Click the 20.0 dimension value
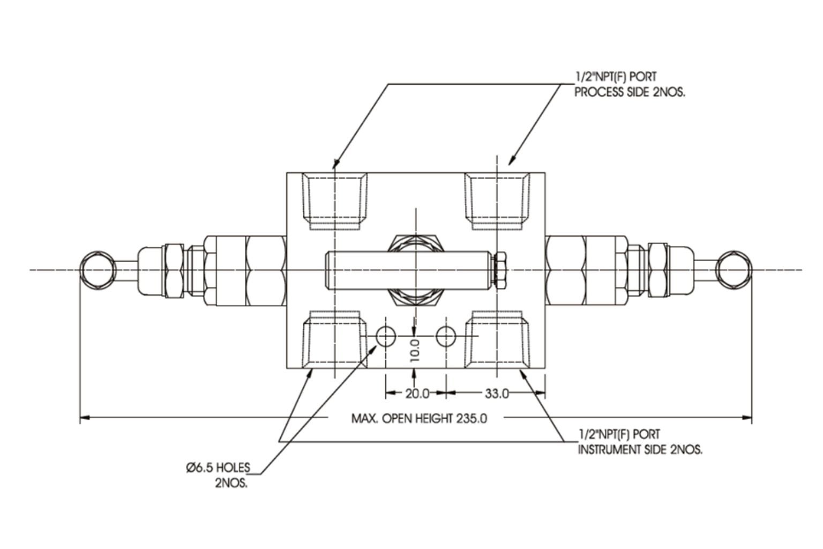click(417, 394)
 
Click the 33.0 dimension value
click(497, 394)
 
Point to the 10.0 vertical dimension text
click(414, 350)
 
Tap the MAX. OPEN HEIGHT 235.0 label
click(419, 418)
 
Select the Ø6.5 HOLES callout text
click(218, 468)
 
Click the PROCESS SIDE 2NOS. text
click(630, 92)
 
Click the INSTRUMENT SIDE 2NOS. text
click(640, 449)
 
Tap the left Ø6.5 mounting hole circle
click(386, 337)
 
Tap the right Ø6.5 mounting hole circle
click(445, 337)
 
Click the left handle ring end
click(97, 269)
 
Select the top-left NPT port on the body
click(334, 199)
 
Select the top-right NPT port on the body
click(497, 199)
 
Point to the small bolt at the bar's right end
click(501, 270)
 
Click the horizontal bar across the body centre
click(364, 270)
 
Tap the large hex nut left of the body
click(265, 270)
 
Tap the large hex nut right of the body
click(566, 270)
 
